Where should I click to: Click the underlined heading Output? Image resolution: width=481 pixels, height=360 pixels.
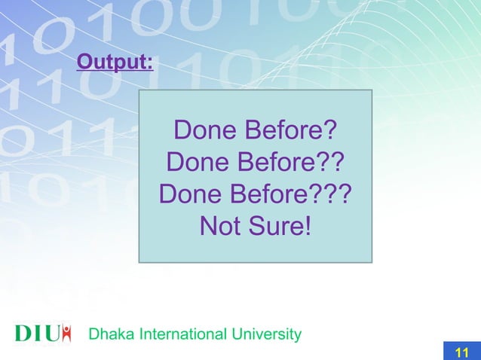tap(115, 60)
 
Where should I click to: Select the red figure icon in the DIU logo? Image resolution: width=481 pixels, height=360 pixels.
tap(66, 332)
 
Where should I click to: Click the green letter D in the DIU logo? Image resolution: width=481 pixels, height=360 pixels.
tap(23, 333)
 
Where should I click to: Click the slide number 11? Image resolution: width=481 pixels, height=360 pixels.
tap(462, 352)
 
